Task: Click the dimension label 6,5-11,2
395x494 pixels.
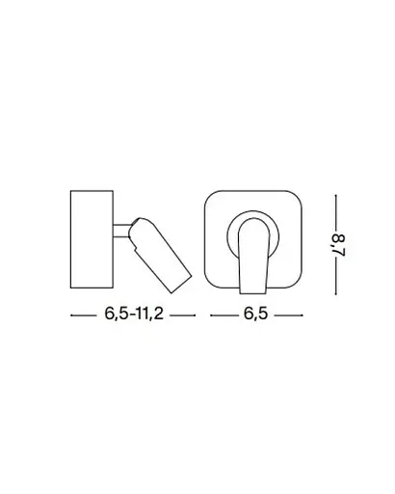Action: (x=134, y=315)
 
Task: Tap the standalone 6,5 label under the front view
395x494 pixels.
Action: (x=255, y=315)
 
